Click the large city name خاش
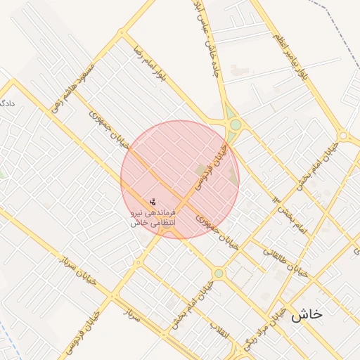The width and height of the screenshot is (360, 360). pos(307,314)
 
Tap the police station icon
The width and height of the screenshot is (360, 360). pos(153,202)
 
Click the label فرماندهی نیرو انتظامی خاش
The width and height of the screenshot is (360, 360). pos(153,217)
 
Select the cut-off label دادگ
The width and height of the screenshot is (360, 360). pos(7,103)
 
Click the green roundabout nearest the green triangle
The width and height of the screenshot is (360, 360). pos(236,126)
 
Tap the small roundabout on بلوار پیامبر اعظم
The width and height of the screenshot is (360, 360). pos(342,136)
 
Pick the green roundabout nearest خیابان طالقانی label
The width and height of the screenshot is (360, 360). pos(219,274)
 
